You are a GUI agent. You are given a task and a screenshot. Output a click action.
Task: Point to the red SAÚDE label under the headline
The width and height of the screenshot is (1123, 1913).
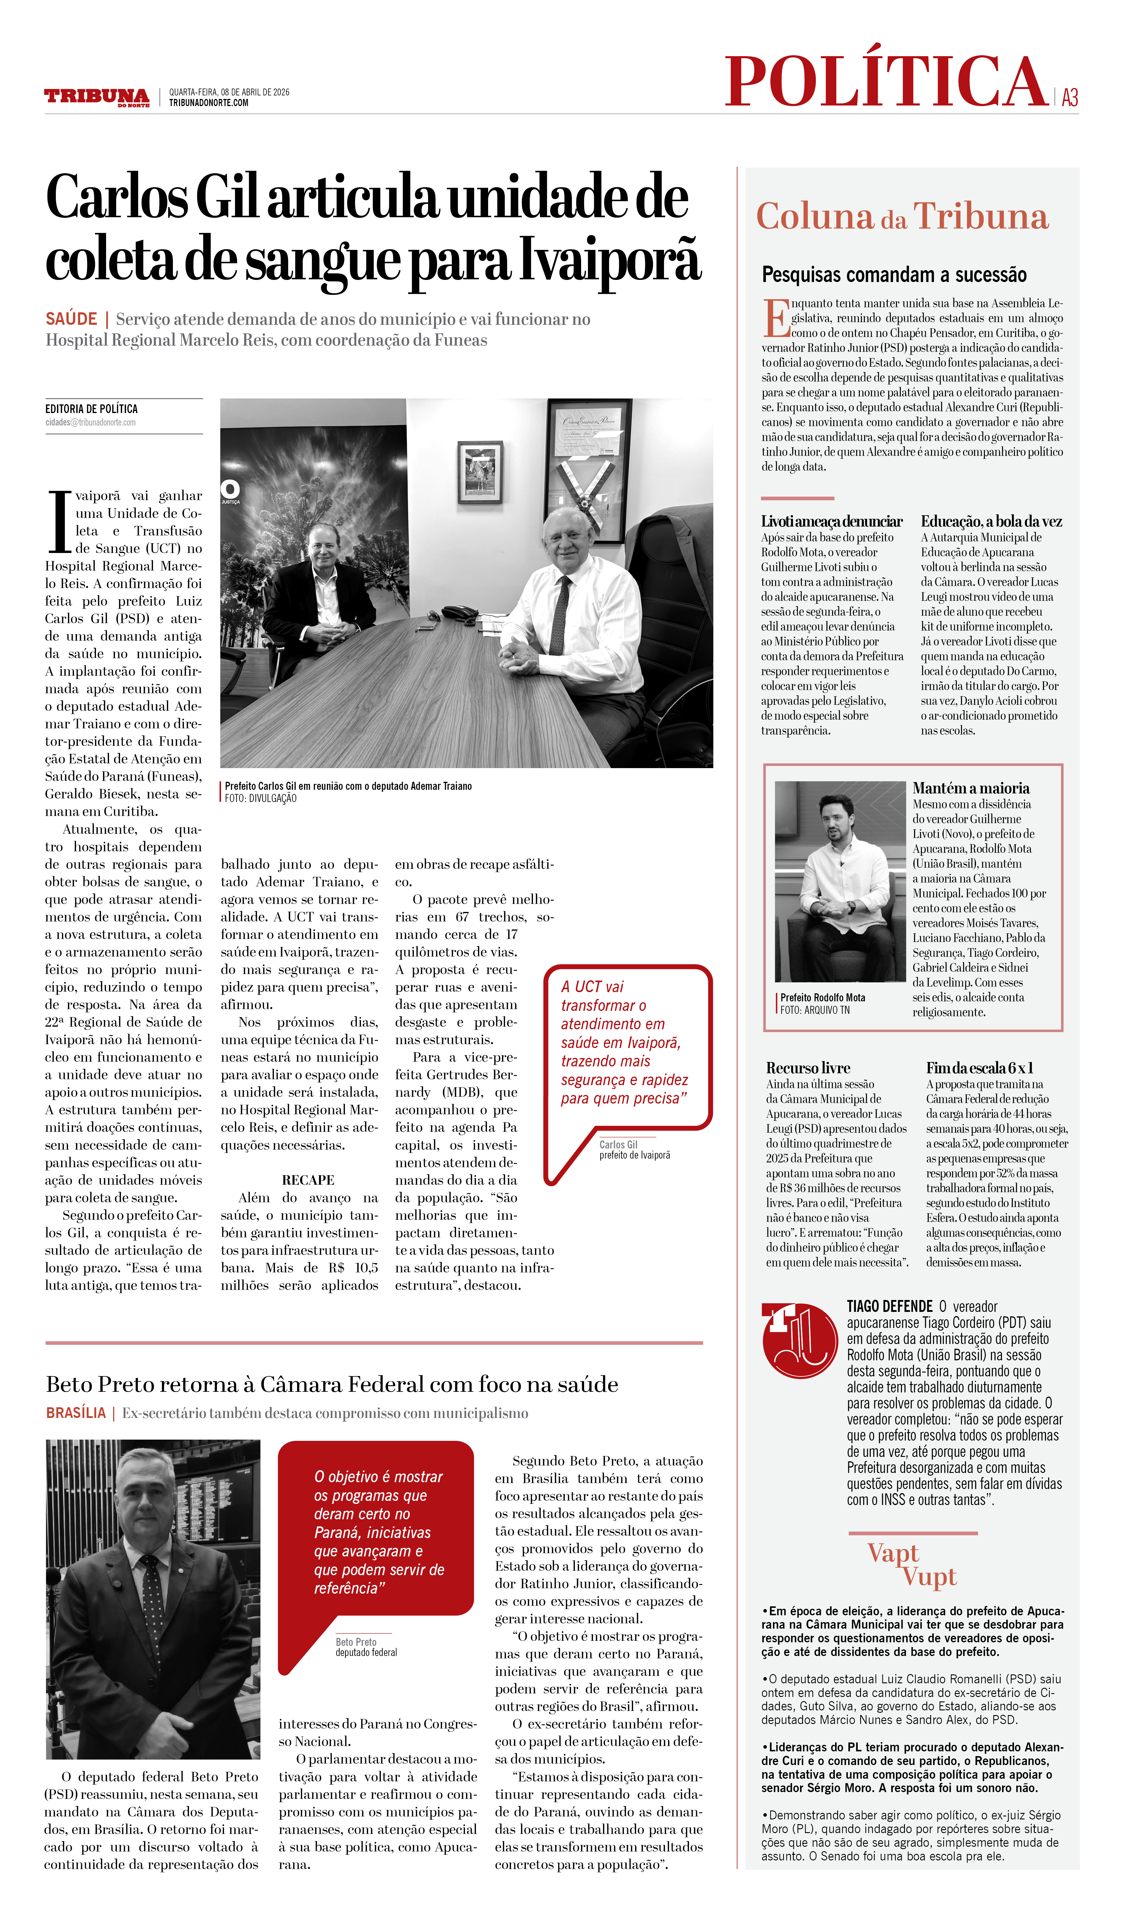(x=71, y=319)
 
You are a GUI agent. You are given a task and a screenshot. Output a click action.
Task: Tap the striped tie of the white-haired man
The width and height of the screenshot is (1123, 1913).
(x=560, y=615)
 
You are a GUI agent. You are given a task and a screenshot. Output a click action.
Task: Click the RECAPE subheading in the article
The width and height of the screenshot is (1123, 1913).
(x=308, y=1180)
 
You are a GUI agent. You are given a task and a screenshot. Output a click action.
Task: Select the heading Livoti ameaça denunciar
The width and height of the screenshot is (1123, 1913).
(x=832, y=521)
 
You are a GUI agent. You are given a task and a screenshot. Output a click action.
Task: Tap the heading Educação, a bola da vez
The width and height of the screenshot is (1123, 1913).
(x=991, y=521)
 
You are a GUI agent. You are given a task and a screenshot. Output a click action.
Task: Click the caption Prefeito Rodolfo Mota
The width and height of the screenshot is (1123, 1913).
(x=823, y=998)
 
